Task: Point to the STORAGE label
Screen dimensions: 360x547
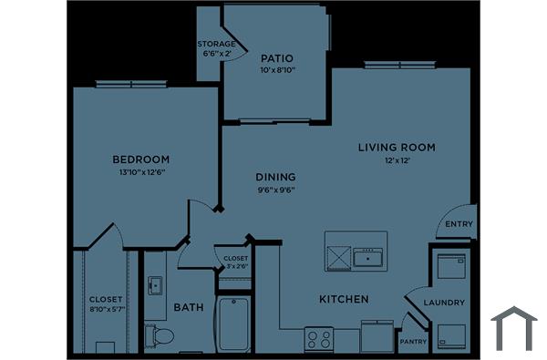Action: (x=217, y=44)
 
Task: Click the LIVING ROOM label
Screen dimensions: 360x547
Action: (x=397, y=147)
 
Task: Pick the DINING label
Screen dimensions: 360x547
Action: (x=274, y=177)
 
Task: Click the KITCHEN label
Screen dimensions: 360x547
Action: (x=344, y=299)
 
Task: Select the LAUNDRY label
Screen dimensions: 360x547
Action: (x=445, y=303)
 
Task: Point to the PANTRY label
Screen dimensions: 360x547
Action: (x=412, y=342)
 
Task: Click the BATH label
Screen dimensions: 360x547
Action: (x=188, y=307)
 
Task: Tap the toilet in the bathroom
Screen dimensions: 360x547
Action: (x=163, y=336)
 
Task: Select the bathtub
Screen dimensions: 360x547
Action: (x=234, y=324)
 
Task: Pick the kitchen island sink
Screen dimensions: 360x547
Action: (x=369, y=258)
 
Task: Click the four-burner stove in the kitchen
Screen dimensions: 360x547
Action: (x=319, y=340)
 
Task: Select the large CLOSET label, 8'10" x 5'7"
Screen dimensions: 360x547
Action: (x=106, y=303)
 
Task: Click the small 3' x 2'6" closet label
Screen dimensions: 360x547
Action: (x=235, y=262)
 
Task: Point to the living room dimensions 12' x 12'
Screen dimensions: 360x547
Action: (x=397, y=159)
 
